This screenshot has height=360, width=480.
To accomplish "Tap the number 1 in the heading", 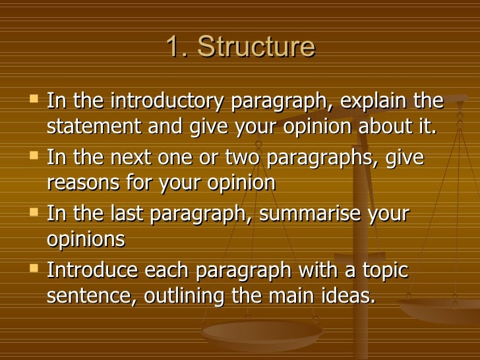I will pyautogui.click(x=172, y=47).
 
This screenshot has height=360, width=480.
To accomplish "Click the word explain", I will pyautogui.click(x=377, y=102).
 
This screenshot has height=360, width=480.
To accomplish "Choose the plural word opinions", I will pyautogui.click(x=86, y=239).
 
